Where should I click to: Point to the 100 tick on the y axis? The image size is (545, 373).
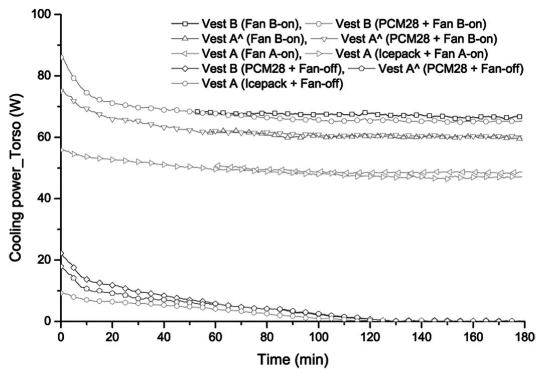tap(43, 15)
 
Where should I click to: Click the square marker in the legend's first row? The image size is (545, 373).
tap(185, 24)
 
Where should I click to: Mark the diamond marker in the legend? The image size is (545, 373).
tap(185, 69)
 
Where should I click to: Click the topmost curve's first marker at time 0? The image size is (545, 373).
tap(61, 57)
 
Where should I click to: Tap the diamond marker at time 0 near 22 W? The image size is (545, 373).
tap(61, 253)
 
